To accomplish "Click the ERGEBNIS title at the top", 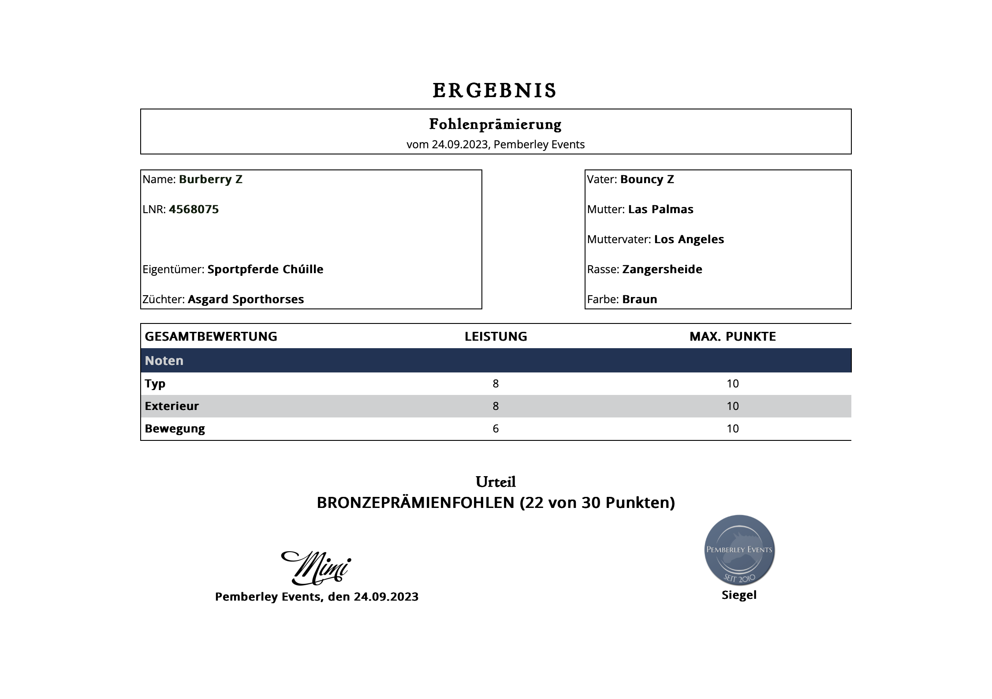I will pos(495,90).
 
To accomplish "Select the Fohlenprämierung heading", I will pos(495,124).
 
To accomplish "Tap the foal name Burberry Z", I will pos(210,179).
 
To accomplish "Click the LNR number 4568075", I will pos(194,209).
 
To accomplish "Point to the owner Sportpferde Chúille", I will pos(265,269).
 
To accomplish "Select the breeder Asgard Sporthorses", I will pos(246,299).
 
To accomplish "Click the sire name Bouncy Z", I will pos(647,179).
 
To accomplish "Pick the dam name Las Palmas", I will pos(660,209).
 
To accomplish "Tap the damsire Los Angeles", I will pos(689,239).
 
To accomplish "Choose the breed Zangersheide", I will pos(662,269).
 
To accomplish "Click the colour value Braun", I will pos(639,299).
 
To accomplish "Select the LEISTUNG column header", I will pos(496,336).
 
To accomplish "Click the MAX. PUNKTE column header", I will pos(732,336).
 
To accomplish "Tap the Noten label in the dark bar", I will pos(164,361).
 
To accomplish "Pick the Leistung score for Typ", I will pos(496,383).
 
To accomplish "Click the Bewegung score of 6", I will pos(496,428).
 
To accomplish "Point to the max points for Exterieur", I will pos(732,406).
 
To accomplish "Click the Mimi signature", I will pos(316,567).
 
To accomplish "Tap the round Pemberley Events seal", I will pos(739,550).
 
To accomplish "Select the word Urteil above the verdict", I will pos(496,482).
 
